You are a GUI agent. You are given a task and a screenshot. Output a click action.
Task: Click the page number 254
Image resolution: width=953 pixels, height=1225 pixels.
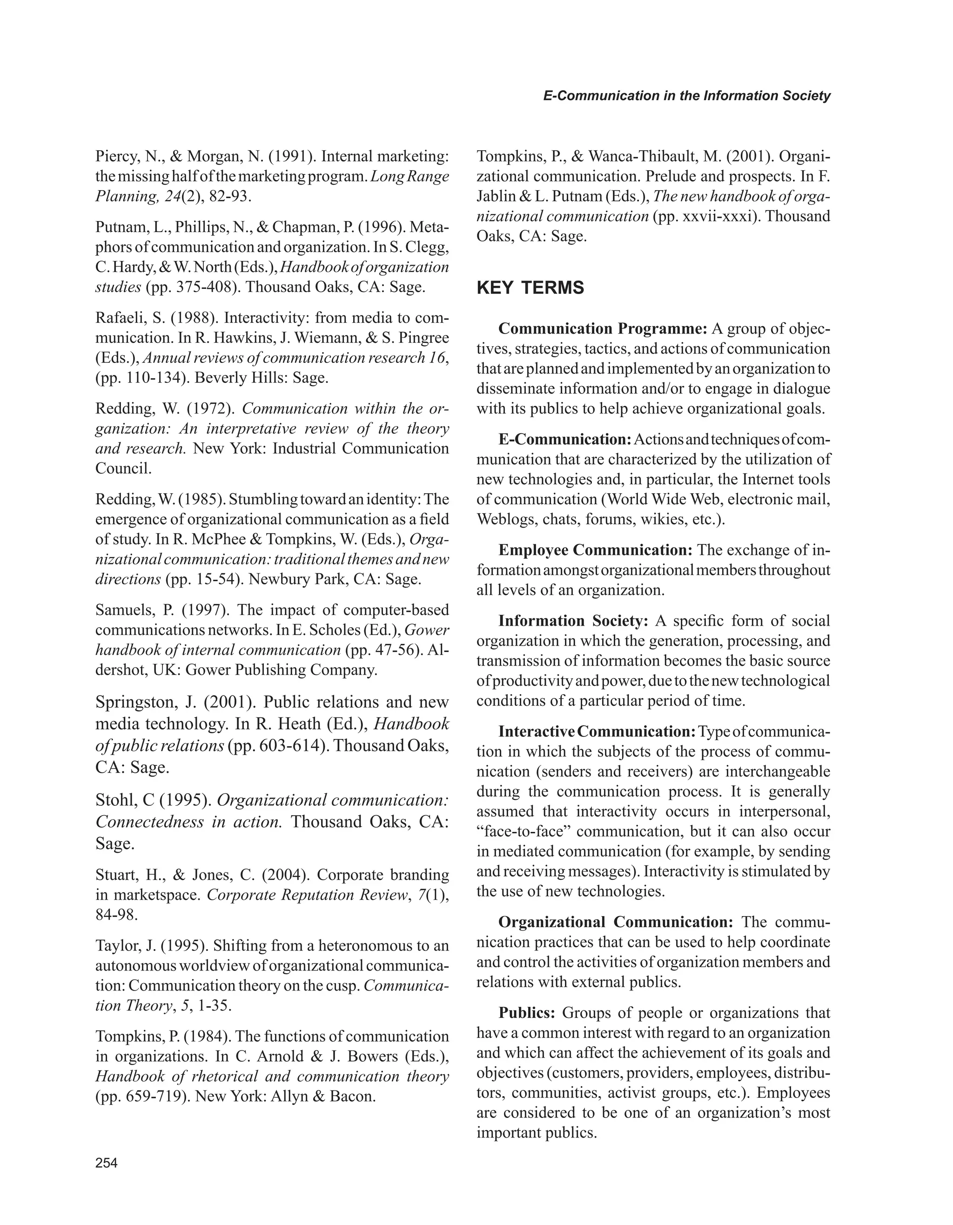pyautogui.click(x=107, y=1163)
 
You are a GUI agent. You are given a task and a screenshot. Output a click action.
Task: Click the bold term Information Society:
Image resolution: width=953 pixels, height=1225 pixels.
pyautogui.click(x=573, y=621)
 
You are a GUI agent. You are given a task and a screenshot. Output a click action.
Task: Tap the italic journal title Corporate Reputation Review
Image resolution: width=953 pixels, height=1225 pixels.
pyautogui.click(x=306, y=895)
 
